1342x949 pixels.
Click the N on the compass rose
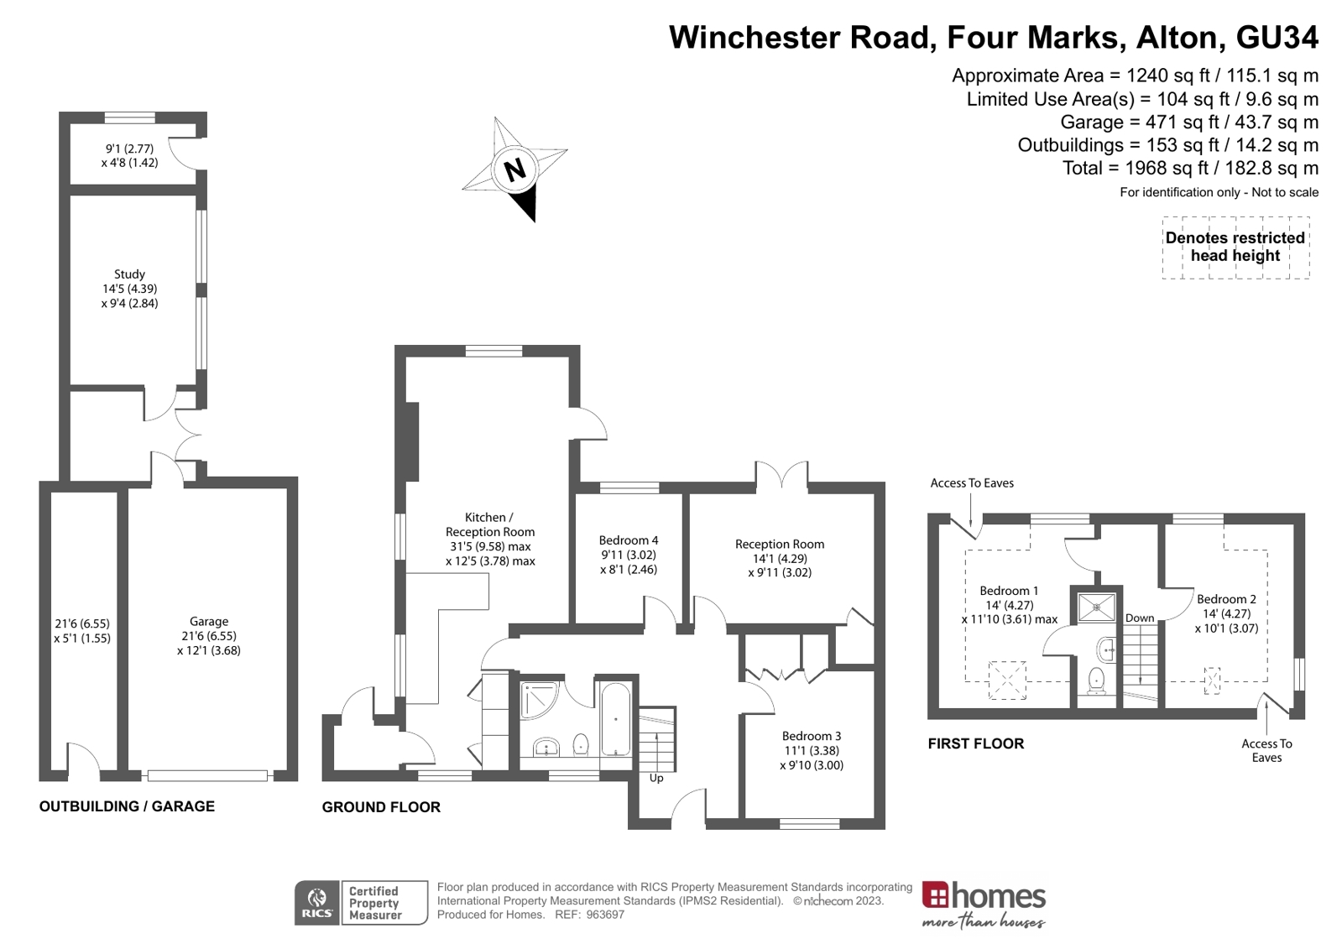pos(514,169)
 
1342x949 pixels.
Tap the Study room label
pos(129,274)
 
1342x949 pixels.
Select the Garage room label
pos(209,622)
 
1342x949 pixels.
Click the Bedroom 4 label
pos(629,540)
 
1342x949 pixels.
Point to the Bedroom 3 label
pos(812,736)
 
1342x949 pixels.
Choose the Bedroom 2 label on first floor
pos(1226,599)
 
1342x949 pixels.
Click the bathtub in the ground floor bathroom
pos(615,720)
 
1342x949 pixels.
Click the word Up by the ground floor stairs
pos(656,778)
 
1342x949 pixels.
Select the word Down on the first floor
pos(1140,618)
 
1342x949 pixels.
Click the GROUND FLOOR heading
pos(381,807)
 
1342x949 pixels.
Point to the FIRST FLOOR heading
pos(975,743)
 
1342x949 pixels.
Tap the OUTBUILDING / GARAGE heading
pos(127,806)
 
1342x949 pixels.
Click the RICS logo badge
pos(317,903)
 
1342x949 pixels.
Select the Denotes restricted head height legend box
pos(1235,247)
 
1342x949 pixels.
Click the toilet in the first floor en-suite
pos(1096,680)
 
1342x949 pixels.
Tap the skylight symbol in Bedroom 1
pos(1007,680)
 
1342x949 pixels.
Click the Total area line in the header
pos(1190,168)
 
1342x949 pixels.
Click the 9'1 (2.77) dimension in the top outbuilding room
pos(129,149)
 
